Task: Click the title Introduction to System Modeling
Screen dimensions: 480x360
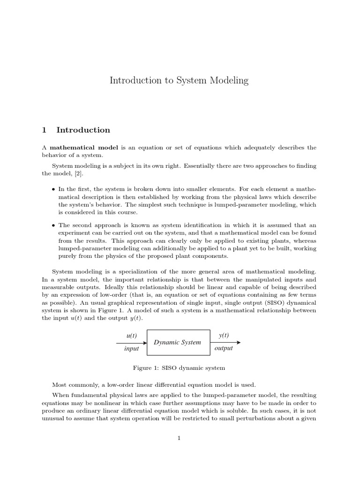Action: click(x=179, y=81)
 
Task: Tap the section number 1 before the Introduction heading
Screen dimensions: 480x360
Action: click(x=45, y=130)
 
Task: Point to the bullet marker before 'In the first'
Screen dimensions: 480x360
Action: click(x=52, y=189)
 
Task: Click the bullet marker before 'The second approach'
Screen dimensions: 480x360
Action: click(x=52, y=225)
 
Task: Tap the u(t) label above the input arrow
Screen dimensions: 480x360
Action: click(x=132, y=336)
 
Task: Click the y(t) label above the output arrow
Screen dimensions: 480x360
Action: click(x=224, y=336)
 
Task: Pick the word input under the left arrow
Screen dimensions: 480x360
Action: click(x=132, y=349)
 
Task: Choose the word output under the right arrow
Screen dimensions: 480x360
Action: click(x=224, y=349)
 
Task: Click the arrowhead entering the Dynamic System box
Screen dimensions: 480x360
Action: click(x=145, y=342)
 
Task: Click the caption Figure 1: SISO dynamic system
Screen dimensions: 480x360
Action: click(x=180, y=367)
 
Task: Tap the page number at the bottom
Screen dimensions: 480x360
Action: click(x=179, y=438)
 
